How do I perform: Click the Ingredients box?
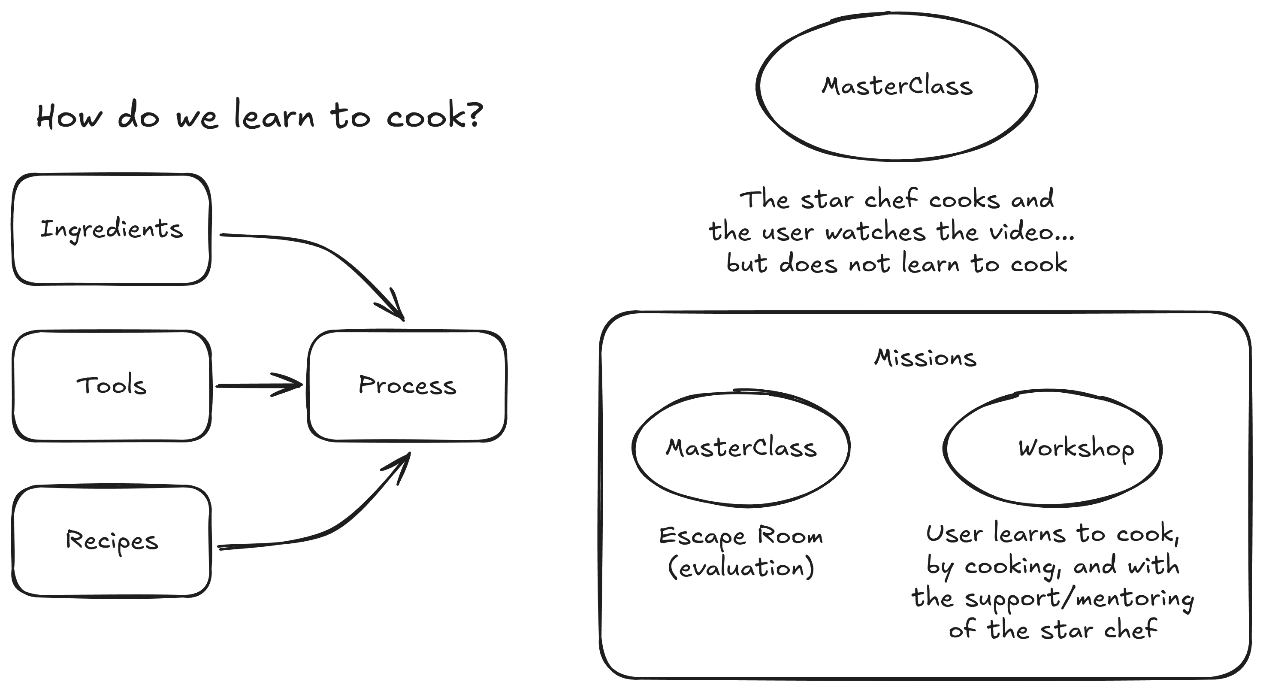[111, 229]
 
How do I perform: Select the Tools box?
[111, 385]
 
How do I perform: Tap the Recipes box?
[111, 541]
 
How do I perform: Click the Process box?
[407, 385]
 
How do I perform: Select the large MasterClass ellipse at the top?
[897, 86]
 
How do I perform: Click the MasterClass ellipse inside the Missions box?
[741, 448]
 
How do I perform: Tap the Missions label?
[925, 358]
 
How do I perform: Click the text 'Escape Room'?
[741, 536]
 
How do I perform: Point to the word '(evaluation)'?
[741, 568]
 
